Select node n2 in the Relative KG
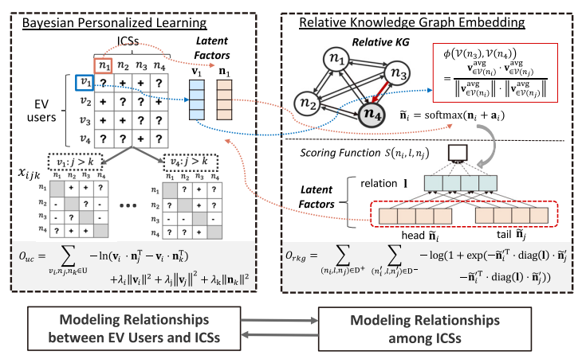[x=309, y=102]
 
